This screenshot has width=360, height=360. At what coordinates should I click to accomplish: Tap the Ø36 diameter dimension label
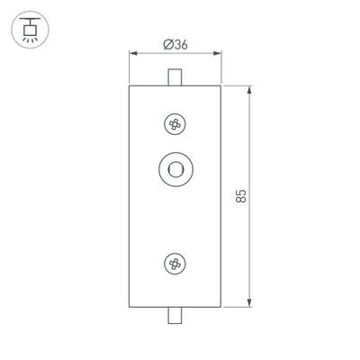point(176,46)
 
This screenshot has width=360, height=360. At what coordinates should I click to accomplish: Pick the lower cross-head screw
point(175,263)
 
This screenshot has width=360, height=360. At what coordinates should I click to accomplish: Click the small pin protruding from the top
point(176,76)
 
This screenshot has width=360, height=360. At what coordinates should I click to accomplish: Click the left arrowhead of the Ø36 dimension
point(133,54)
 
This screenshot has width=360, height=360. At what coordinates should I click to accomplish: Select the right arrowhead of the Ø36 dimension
point(219,54)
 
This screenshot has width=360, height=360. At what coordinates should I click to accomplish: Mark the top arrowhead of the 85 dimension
point(249,88)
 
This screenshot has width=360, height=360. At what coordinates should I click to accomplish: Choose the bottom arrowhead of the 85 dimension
point(249,303)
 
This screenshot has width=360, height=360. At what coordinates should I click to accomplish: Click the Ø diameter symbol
point(167,46)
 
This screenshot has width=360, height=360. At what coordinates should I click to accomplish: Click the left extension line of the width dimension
point(130,67)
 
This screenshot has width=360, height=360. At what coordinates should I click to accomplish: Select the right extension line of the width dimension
point(221,67)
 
